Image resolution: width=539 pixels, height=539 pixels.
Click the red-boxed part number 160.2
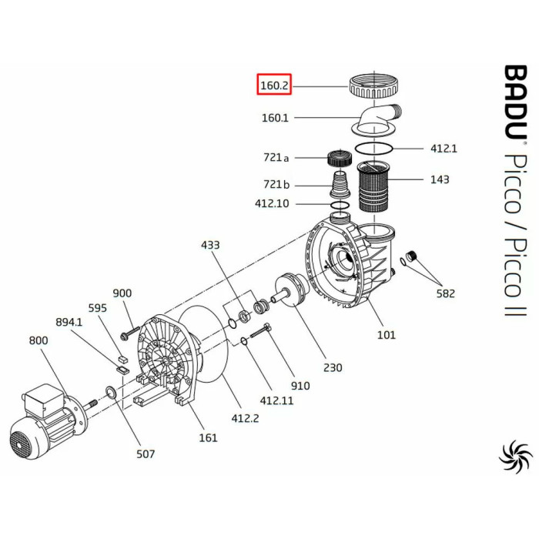(x=273, y=85)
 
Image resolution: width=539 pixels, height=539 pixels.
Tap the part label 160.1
(x=275, y=118)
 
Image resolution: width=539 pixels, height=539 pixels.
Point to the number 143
(x=440, y=179)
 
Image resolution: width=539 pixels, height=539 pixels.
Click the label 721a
(x=276, y=158)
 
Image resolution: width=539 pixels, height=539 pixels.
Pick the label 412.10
(x=272, y=204)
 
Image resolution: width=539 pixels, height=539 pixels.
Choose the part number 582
(x=445, y=293)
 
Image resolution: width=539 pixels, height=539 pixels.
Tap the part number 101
(x=386, y=334)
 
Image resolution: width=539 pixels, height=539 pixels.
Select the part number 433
(x=210, y=245)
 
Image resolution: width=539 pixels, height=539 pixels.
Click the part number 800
(x=38, y=340)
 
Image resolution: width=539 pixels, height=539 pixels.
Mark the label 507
(x=145, y=454)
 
